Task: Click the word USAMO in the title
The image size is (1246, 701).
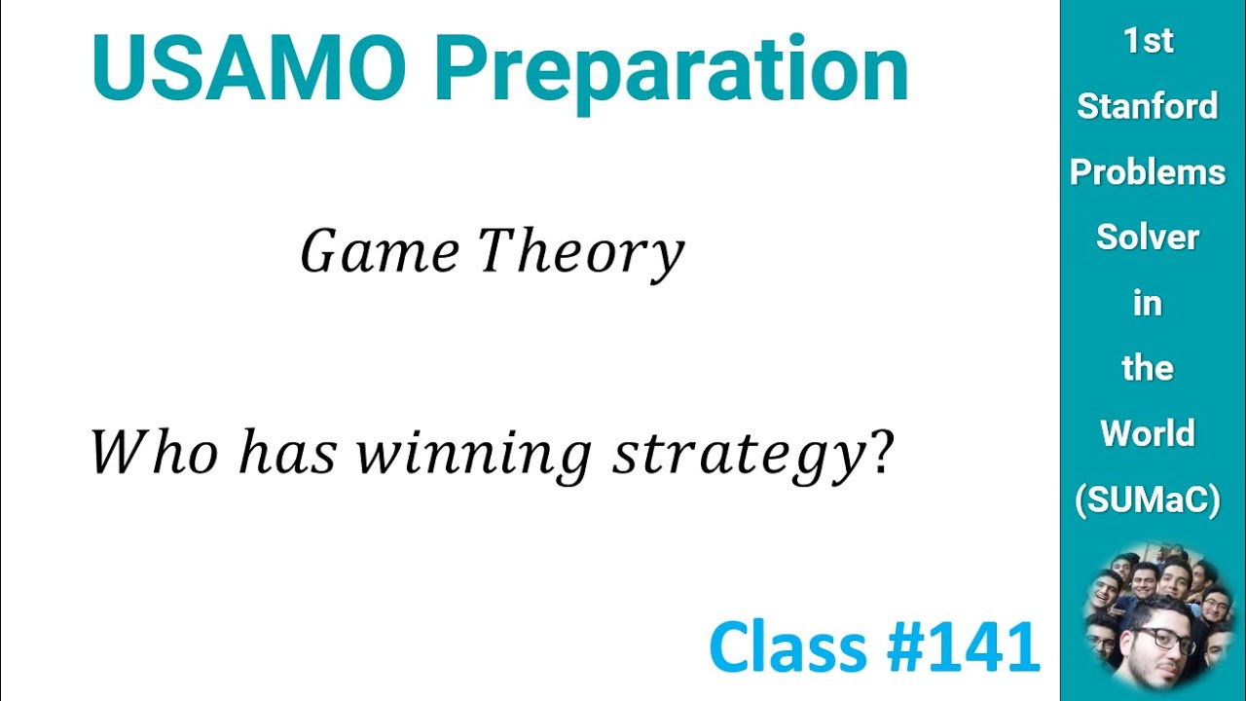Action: [248, 68]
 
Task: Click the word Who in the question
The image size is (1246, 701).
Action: [154, 453]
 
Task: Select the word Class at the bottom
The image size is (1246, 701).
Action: [788, 647]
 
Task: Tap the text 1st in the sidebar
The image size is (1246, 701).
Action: [1148, 41]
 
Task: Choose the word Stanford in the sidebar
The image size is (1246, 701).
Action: [1148, 106]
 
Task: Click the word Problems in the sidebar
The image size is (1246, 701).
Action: [1148, 172]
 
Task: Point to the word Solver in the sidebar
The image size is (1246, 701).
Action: [1148, 237]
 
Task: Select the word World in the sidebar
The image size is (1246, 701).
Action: [1148, 433]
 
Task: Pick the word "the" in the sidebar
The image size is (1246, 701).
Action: [1148, 368]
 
